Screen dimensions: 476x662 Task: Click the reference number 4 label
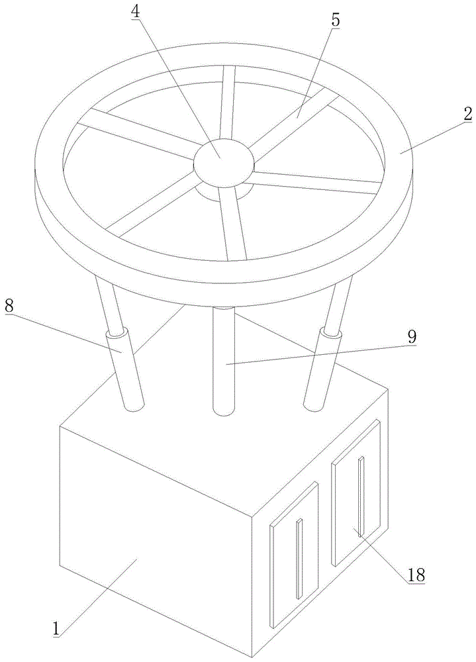point(135,12)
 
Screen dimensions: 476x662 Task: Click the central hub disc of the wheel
point(224,162)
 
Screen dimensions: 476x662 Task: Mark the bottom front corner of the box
point(253,658)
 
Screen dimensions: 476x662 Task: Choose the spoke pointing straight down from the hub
point(234,223)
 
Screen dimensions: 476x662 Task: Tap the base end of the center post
point(224,411)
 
